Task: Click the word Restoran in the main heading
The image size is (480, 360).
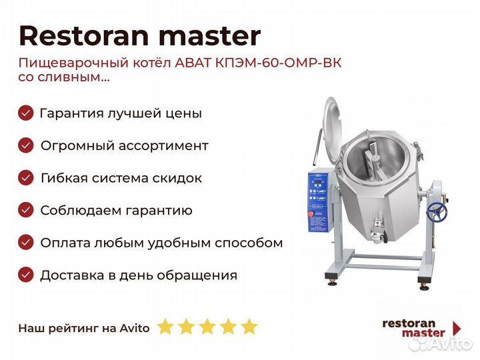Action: click(83, 36)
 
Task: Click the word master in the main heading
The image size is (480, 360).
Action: click(210, 37)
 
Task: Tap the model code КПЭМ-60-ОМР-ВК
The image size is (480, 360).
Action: click(278, 63)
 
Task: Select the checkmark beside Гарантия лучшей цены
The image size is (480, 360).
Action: click(26, 113)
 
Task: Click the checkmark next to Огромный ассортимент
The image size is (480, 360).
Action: click(26, 145)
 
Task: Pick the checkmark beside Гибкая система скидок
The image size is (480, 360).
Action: click(26, 178)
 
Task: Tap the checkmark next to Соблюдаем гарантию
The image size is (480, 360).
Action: click(26, 210)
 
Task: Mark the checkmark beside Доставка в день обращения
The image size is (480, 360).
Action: click(26, 275)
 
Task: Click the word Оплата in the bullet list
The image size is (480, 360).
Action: click(65, 243)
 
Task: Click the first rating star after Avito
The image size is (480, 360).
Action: click(165, 327)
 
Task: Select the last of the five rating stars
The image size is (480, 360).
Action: click(249, 327)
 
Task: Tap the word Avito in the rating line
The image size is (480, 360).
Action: click(135, 329)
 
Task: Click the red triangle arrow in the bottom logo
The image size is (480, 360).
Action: click(457, 328)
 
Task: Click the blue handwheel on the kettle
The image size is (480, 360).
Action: click(437, 212)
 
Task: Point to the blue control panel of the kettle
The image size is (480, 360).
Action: click(318, 201)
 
